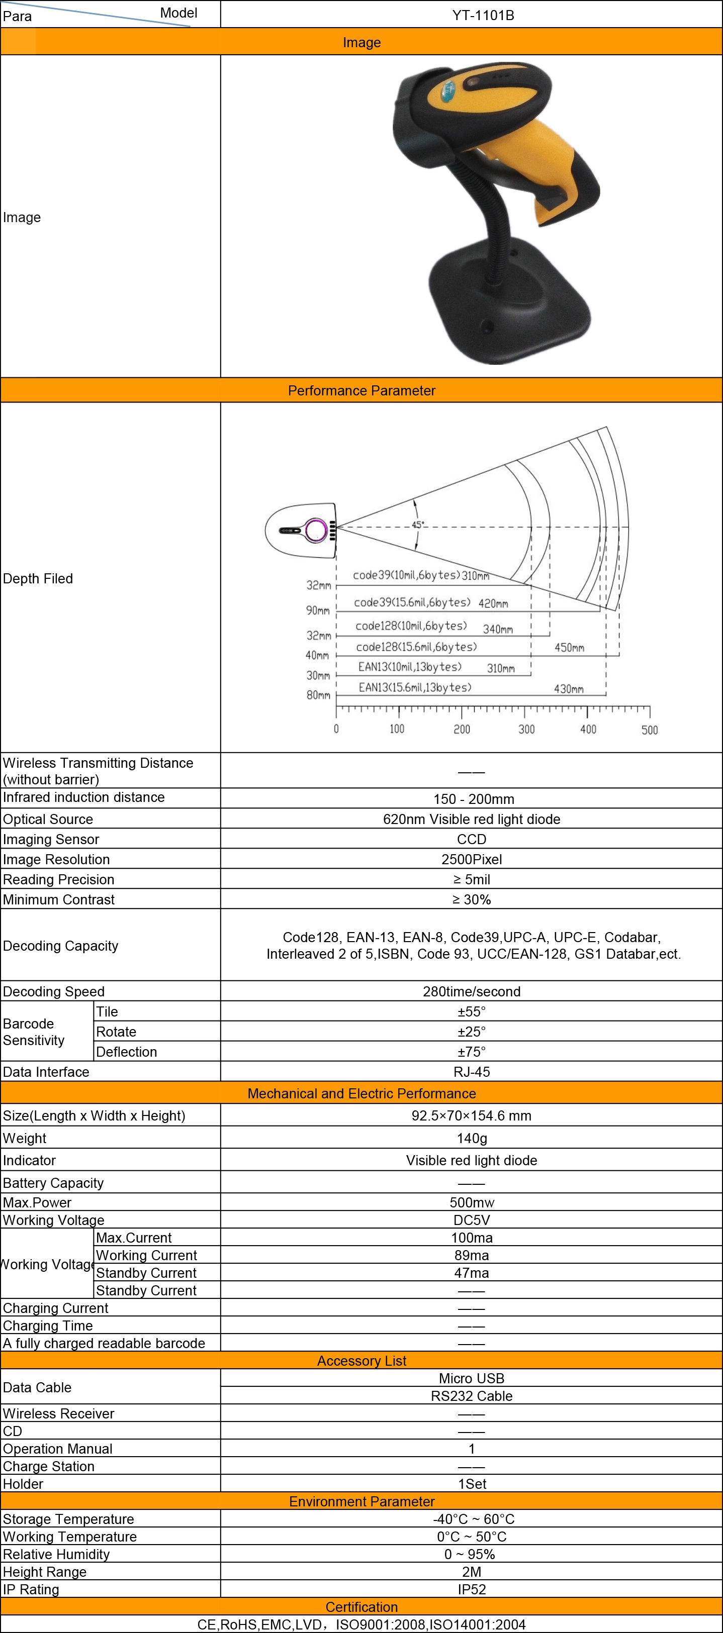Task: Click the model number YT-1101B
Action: [x=483, y=15]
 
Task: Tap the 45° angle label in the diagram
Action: [x=417, y=524]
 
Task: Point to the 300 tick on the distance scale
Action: [x=526, y=729]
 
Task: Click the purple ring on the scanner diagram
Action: [x=315, y=530]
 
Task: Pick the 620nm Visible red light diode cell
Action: [x=471, y=819]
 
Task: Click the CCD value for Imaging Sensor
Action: [x=471, y=839]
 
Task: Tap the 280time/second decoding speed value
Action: [x=471, y=991]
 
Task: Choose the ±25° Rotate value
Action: [x=471, y=1032]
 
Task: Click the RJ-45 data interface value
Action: [x=471, y=1072]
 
